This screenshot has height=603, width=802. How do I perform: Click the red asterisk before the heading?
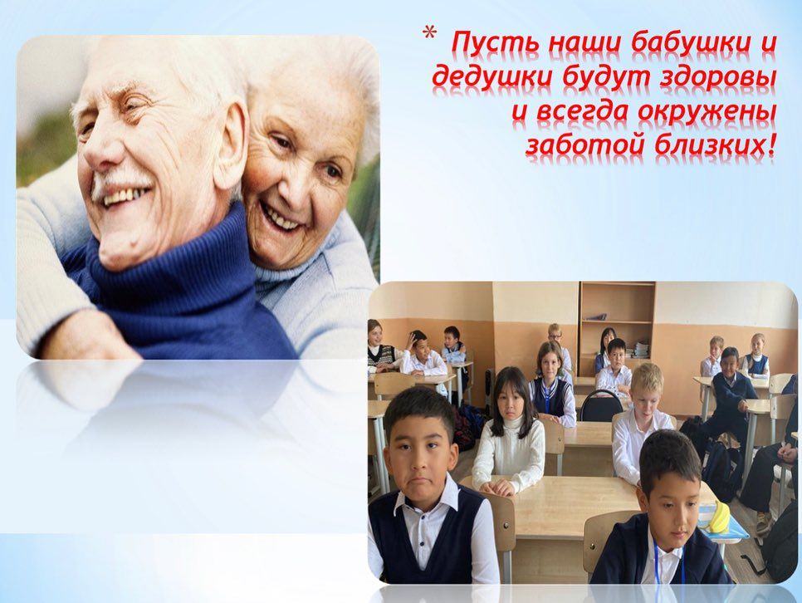click(430, 34)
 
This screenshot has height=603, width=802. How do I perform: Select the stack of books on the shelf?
click(641, 350)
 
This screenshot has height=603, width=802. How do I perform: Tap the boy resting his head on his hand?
click(422, 353)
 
